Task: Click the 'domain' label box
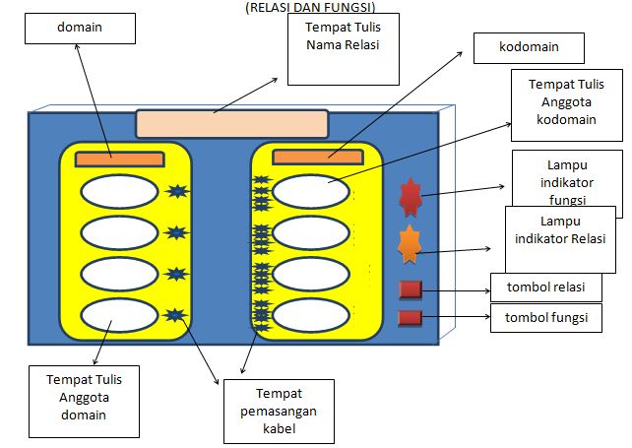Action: click(80, 29)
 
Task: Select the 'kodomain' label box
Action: click(529, 48)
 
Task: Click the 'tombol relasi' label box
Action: click(546, 288)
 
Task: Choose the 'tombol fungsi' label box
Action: click(546, 318)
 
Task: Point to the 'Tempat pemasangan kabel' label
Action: click(279, 412)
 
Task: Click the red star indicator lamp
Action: click(411, 197)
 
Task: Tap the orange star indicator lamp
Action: click(410, 244)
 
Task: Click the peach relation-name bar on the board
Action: click(232, 124)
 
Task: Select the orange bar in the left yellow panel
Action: click(120, 160)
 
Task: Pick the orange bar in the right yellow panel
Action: click(318, 158)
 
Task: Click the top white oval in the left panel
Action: click(119, 192)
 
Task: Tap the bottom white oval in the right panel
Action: click(311, 315)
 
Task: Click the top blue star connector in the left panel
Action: click(177, 191)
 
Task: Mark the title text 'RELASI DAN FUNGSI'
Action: click(310, 7)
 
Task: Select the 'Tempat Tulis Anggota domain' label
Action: click(85, 398)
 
